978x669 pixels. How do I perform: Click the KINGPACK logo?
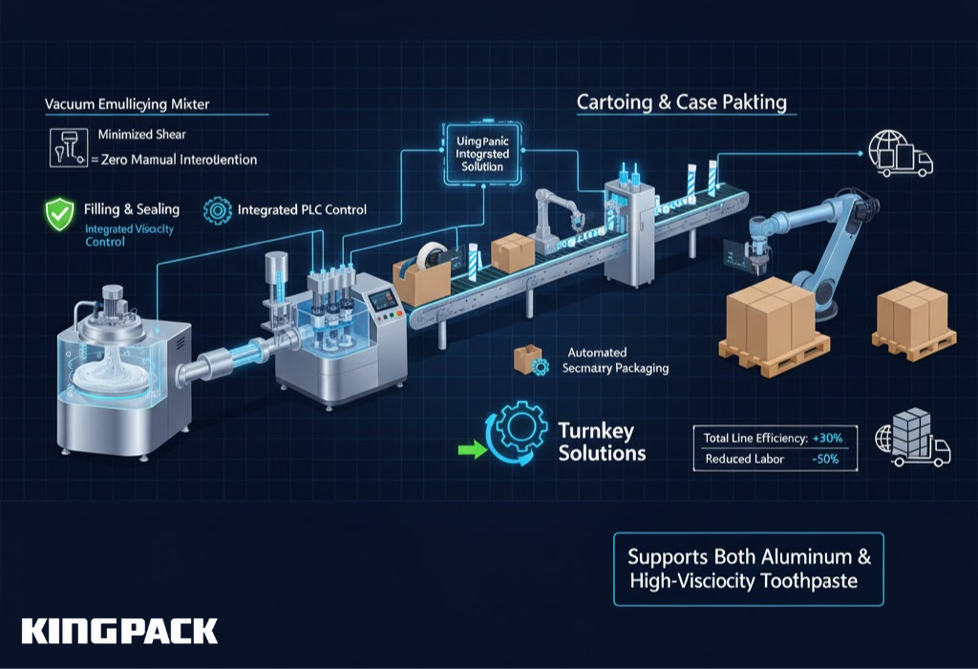119,631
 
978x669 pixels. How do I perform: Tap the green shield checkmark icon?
59,214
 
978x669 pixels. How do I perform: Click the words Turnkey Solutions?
602,442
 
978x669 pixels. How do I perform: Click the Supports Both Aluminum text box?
749,569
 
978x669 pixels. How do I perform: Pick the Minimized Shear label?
142,135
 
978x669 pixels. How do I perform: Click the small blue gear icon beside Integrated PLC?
218,209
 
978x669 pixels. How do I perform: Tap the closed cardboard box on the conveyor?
512,252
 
